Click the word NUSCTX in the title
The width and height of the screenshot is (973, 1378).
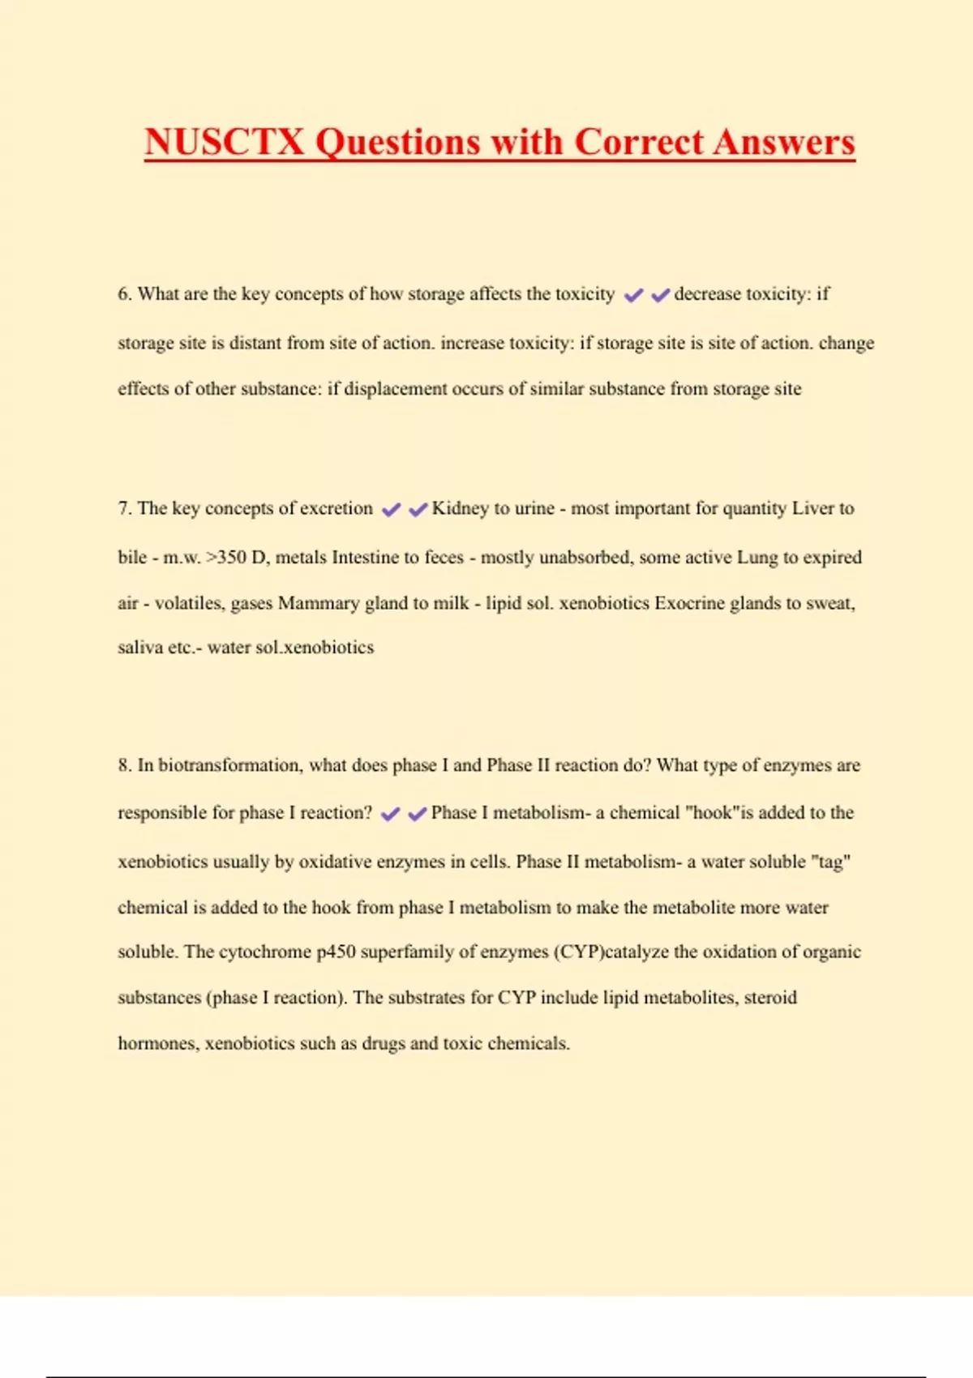coord(225,142)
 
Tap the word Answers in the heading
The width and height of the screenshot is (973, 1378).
coord(784,142)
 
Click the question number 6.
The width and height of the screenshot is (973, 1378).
coord(124,293)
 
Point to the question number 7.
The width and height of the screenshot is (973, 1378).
coord(124,508)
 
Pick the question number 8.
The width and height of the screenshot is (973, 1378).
coord(124,765)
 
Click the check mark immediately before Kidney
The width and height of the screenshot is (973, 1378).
coord(418,510)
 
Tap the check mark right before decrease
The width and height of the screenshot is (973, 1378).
coord(660,295)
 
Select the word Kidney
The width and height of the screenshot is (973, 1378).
coord(460,508)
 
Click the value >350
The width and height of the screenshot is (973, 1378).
coord(226,558)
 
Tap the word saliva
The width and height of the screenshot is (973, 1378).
coord(139,648)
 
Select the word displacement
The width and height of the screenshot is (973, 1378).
coord(395,389)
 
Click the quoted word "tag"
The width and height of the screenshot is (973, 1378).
coord(830,862)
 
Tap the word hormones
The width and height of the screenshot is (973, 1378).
coord(158,1043)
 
